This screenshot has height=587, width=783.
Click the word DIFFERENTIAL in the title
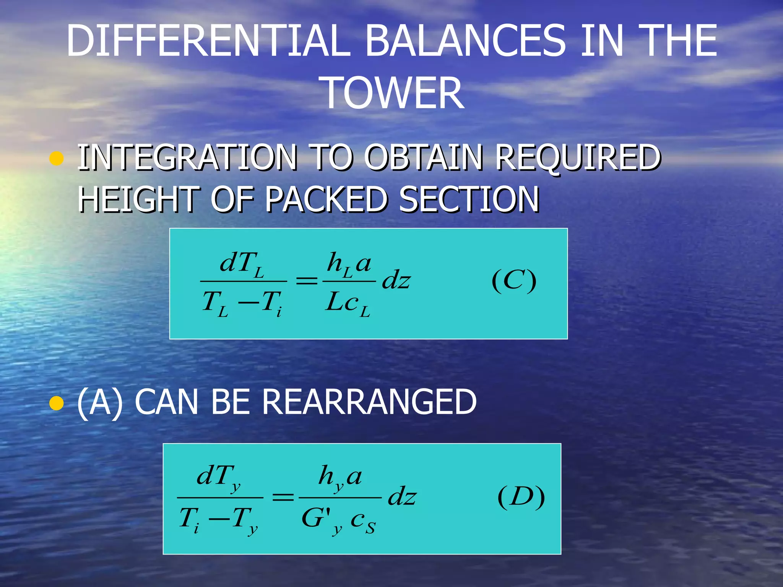pos(208,41)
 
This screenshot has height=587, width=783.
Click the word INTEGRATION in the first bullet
pos(187,157)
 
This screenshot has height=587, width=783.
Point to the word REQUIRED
pos(578,157)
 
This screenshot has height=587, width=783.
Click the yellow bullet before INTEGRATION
pos(57,158)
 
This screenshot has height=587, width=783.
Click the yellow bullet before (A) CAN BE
pos(57,403)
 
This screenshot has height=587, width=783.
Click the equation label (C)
pos(514,281)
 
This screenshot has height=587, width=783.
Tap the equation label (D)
pos(521,497)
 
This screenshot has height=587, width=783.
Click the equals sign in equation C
pos(307,281)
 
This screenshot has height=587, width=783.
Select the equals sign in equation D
pos(283,497)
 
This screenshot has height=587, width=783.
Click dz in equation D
pos(402,497)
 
